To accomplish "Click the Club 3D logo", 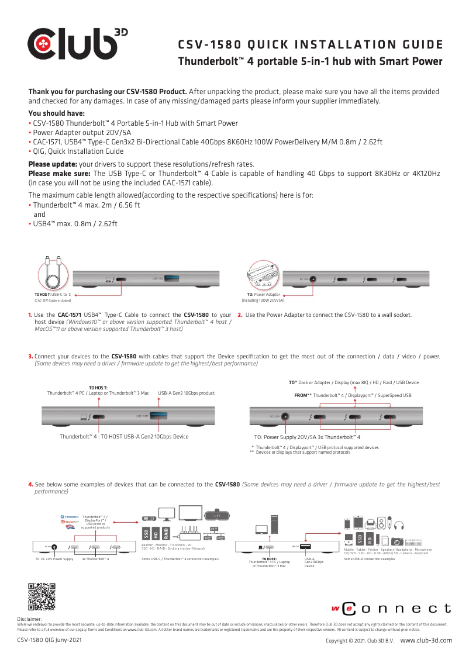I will tap(77, 44).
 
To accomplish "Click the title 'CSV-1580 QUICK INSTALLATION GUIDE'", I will tap(309, 45).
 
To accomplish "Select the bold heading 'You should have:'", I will tap(57, 113).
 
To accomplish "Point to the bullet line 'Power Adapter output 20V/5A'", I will tap(82, 133).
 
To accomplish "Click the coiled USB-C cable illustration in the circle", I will tap(52, 272).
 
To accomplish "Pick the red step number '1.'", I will tap(30, 315).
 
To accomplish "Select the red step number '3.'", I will tap(30, 356).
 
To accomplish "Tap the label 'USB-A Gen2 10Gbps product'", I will tap(187, 393).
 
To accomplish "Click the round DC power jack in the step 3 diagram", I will tap(286, 417).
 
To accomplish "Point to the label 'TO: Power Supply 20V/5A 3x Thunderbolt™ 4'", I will tap(307, 437).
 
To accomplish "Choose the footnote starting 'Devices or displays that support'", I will tap(303, 452).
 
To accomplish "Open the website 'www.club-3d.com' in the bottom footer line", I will tap(426, 640).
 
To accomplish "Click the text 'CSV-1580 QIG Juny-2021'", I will tap(49, 640).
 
